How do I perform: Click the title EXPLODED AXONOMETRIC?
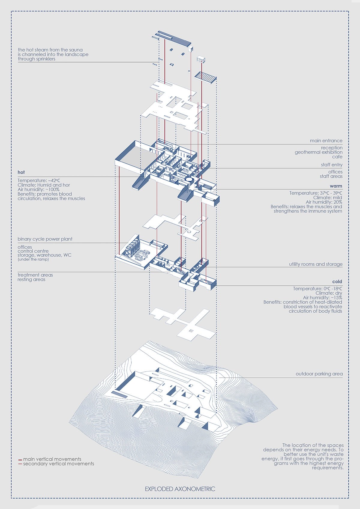coord(180,489)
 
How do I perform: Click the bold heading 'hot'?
coord(21,172)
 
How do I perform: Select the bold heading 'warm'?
coord(336,186)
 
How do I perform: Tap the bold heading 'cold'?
coord(337,282)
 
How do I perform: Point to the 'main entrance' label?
coord(326,141)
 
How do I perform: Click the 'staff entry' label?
coord(331,165)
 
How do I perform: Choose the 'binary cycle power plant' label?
coord(45,239)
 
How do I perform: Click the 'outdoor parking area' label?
coord(319,374)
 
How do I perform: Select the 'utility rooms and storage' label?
coord(316,264)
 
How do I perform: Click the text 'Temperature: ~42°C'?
coord(39,180)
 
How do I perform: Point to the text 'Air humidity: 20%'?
coord(324,202)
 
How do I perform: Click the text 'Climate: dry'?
coord(328,293)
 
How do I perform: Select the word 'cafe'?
coord(337,157)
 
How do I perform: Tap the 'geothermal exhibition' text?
coord(318,152)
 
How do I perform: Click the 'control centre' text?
coord(33,251)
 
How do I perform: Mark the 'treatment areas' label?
coord(35,275)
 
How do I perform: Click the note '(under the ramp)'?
coord(33,259)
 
